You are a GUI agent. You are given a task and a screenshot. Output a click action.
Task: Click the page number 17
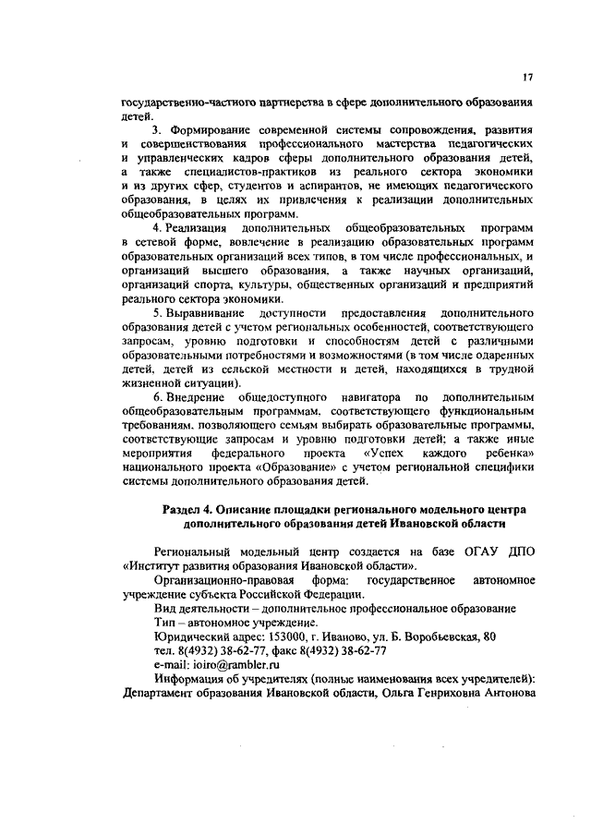pyautogui.click(x=525, y=77)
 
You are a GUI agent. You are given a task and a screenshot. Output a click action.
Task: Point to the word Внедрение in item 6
pyautogui.click(x=199, y=396)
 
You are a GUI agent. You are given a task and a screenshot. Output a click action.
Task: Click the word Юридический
pyautogui.click(x=189, y=636)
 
